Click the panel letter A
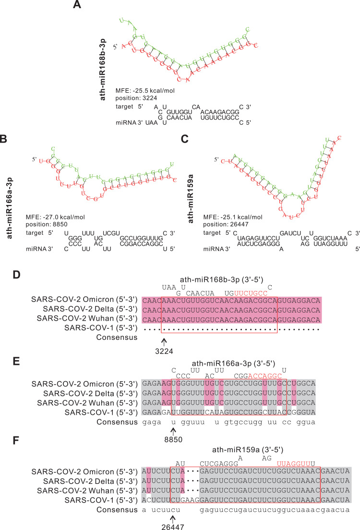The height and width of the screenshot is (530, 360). pos(77,5)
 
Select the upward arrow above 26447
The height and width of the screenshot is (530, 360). pos(173,509)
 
